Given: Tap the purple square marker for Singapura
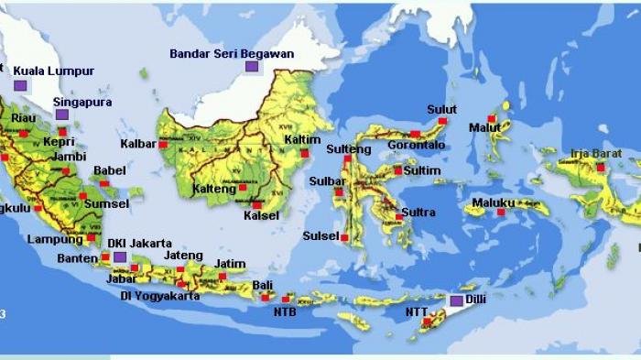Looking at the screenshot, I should [x=62, y=115].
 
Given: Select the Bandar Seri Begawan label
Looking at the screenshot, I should [x=232, y=53].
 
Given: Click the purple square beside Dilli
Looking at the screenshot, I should [x=456, y=300].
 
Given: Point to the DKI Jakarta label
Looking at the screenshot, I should [x=139, y=243].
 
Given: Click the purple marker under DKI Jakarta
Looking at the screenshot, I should [x=120, y=257].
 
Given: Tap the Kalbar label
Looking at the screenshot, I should [x=137, y=144].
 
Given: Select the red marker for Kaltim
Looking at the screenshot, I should [x=305, y=153].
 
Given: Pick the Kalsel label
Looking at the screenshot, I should [x=261, y=216].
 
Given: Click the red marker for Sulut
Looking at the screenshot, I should [x=442, y=121].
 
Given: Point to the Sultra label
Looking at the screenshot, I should [x=418, y=213].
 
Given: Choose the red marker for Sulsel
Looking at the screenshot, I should [x=344, y=237].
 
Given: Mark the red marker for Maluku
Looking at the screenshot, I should [x=501, y=213].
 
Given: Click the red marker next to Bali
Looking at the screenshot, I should [x=266, y=297].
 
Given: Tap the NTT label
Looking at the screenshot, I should [x=415, y=311].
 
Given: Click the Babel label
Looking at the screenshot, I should [x=109, y=169].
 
